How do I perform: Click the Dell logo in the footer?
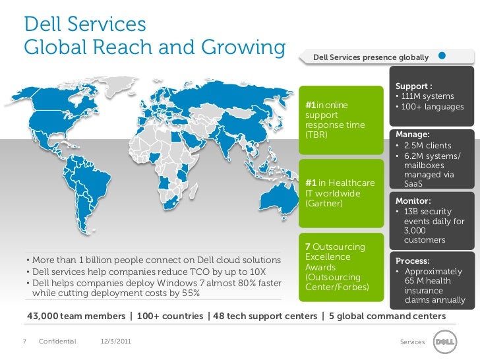click(443, 342)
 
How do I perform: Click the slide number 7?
click(24, 341)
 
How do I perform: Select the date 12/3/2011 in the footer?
click(115, 341)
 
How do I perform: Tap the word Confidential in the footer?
click(57, 341)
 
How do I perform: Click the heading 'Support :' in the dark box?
click(413, 86)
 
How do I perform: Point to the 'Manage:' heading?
click(412, 134)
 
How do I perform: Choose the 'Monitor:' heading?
click(413, 200)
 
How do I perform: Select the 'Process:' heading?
click(413, 260)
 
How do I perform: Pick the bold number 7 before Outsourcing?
click(307, 247)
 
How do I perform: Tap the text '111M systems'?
click(430, 97)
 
